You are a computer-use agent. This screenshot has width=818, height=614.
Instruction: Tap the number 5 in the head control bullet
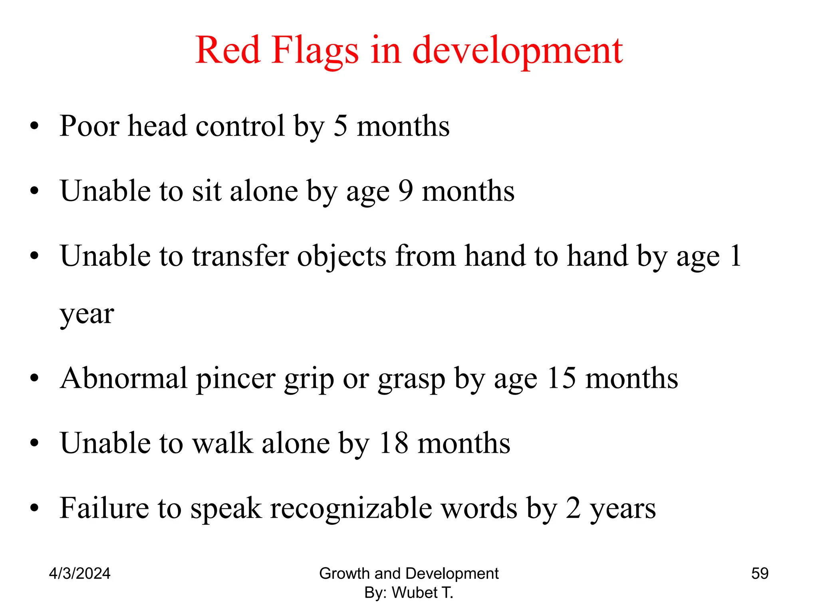point(340,126)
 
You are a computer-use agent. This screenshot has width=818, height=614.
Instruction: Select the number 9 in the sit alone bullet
point(405,191)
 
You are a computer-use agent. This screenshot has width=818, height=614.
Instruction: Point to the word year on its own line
point(87,315)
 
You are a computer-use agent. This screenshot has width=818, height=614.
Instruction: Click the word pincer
point(236,379)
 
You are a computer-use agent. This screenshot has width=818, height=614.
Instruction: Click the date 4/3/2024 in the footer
point(79,574)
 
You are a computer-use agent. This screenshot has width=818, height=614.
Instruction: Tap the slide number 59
point(760,574)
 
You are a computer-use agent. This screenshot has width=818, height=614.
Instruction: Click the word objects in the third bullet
point(341,257)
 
